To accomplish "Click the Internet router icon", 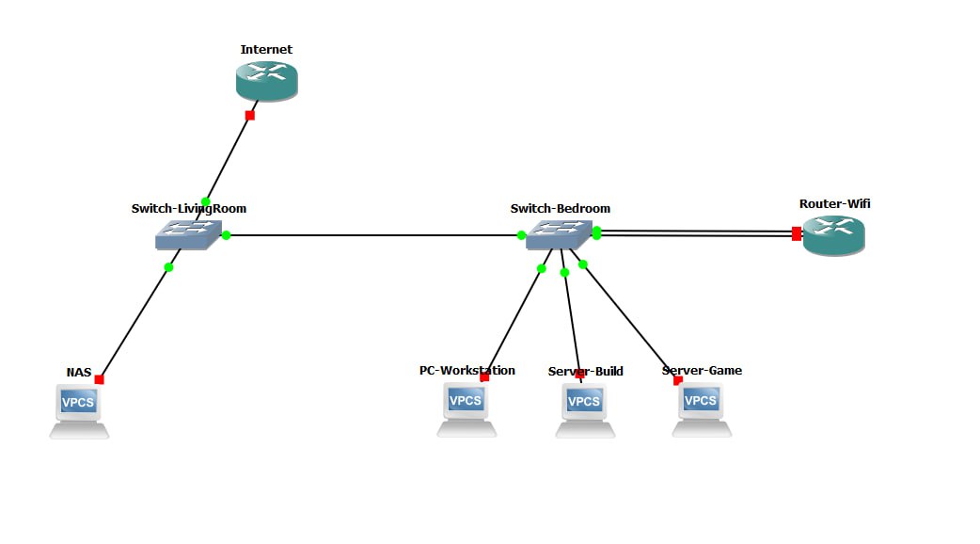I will pyautogui.click(x=266, y=80).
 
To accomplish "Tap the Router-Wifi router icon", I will pyautogui.click(x=833, y=235).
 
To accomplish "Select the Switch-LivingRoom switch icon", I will pyautogui.click(x=188, y=234).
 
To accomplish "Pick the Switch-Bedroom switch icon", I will pyautogui.click(x=559, y=234).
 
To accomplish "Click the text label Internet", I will pyautogui.click(x=266, y=49).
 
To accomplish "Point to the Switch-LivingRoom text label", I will pyautogui.click(x=189, y=208).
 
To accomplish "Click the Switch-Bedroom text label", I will pyautogui.click(x=561, y=208).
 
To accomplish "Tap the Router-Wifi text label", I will pyautogui.click(x=829, y=203).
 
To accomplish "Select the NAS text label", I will pyautogui.click(x=79, y=373).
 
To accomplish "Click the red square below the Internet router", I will pyautogui.click(x=249, y=116).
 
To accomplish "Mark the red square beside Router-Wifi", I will pyautogui.click(x=797, y=233).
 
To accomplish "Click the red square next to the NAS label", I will pyautogui.click(x=99, y=379).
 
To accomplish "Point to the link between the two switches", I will pyautogui.click(x=376, y=235).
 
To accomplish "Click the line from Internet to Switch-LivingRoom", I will pyautogui.click(x=228, y=158).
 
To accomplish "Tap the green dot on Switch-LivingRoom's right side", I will pyautogui.click(x=227, y=235).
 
